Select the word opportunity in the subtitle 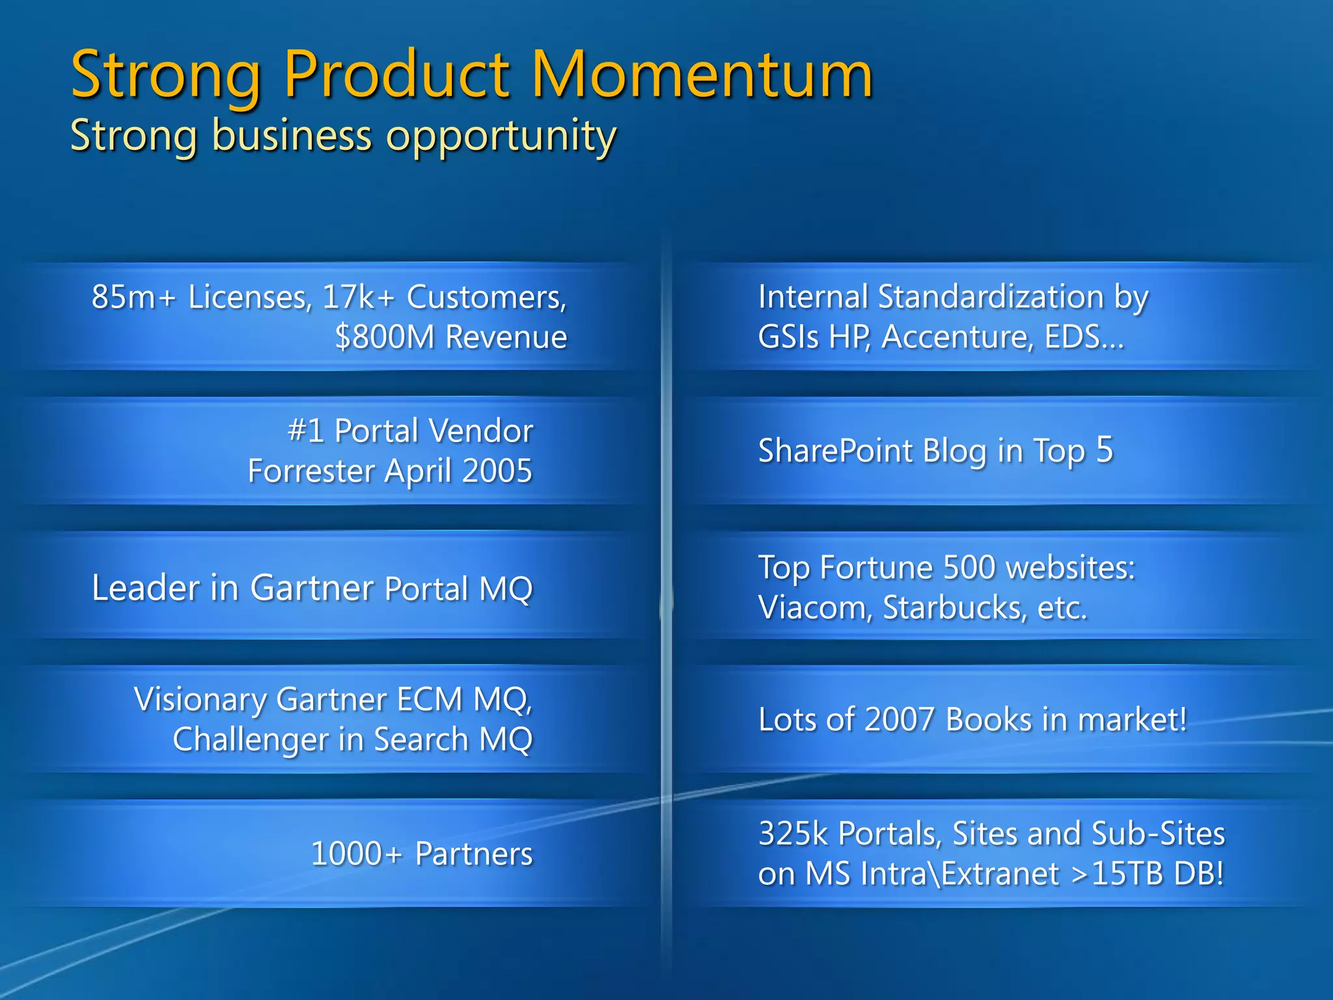tap(501, 137)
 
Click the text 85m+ tap(133, 297)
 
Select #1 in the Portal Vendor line tap(305, 431)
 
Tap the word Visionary tap(200, 700)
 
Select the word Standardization tap(990, 297)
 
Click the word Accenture tap(957, 337)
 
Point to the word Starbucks tap(954, 608)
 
